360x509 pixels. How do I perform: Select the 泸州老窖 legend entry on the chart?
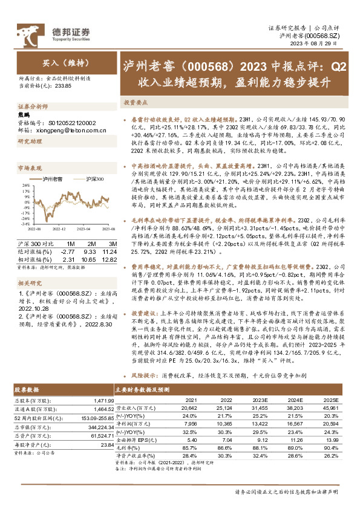click(x=53, y=179)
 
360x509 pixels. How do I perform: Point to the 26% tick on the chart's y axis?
click(x=24, y=188)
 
